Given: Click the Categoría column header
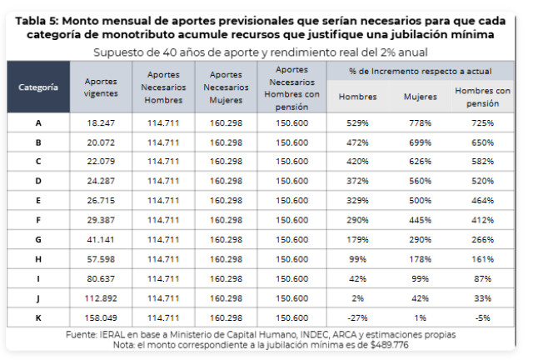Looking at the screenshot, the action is pyautogui.click(x=38, y=87).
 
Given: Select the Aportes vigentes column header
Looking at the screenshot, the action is pyautogui.click(x=101, y=87).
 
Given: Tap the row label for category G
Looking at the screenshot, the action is pyautogui.click(x=38, y=239).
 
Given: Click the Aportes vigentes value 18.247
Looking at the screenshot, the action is pyautogui.click(x=101, y=122).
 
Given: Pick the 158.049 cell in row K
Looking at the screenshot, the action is pyautogui.click(x=101, y=317).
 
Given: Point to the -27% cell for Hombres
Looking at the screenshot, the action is pyautogui.click(x=357, y=317).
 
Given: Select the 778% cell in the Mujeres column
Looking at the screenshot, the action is pyautogui.click(x=420, y=122).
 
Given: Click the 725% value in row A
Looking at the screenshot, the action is pyautogui.click(x=482, y=122).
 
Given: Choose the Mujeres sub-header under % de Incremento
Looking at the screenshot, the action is pyautogui.click(x=420, y=97).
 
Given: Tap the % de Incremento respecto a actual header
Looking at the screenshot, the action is pyautogui.click(x=420, y=71).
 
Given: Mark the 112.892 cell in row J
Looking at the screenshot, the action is pyautogui.click(x=101, y=298).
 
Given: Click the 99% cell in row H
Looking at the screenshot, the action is pyautogui.click(x=357, y=259).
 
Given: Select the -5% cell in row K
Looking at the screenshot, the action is pyautogui.click(x=482, y=317).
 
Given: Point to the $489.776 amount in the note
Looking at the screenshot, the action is pyautogui.click(x=389, y=345).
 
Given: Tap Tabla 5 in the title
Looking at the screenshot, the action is pyautogui.click(x=37, y=21).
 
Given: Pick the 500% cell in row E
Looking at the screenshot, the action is pyautogui.click(x=420, y=200).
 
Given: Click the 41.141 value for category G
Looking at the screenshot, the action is pyautogui.click(x=101, y=239).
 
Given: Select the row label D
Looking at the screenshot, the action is pyautogui.click(x=38, y=181).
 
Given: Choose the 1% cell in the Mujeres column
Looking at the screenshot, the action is pyautogui.click(x=420, y=317).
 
